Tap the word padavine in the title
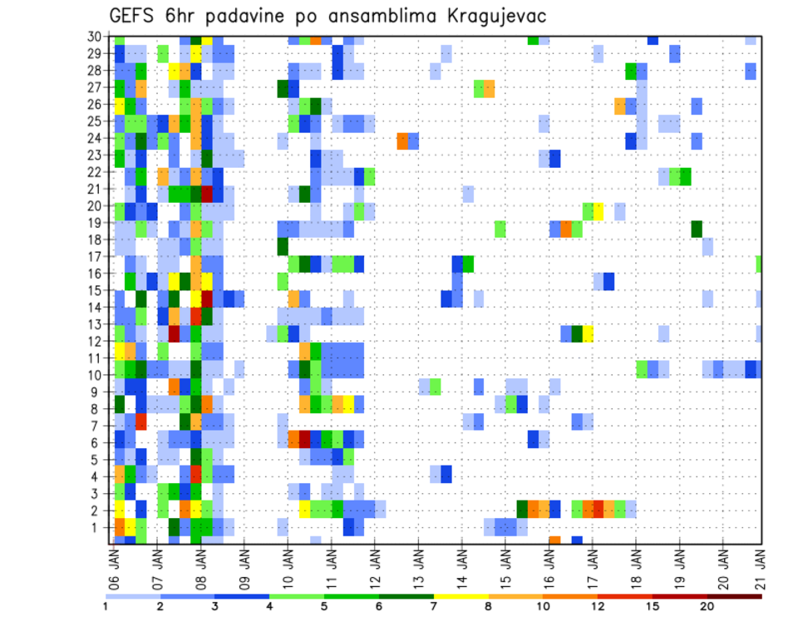pyautogui.click(x=242, y=17)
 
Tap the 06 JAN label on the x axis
pyautogui.click(x=115, y=565)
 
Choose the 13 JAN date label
pyautogui.click(x=419, y=565)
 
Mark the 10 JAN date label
pyautogui.click(x=288, y=565)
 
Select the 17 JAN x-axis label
pyautogui.click(x=593, y=565)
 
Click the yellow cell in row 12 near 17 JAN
pyautogui.click(x=588, y=333)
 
